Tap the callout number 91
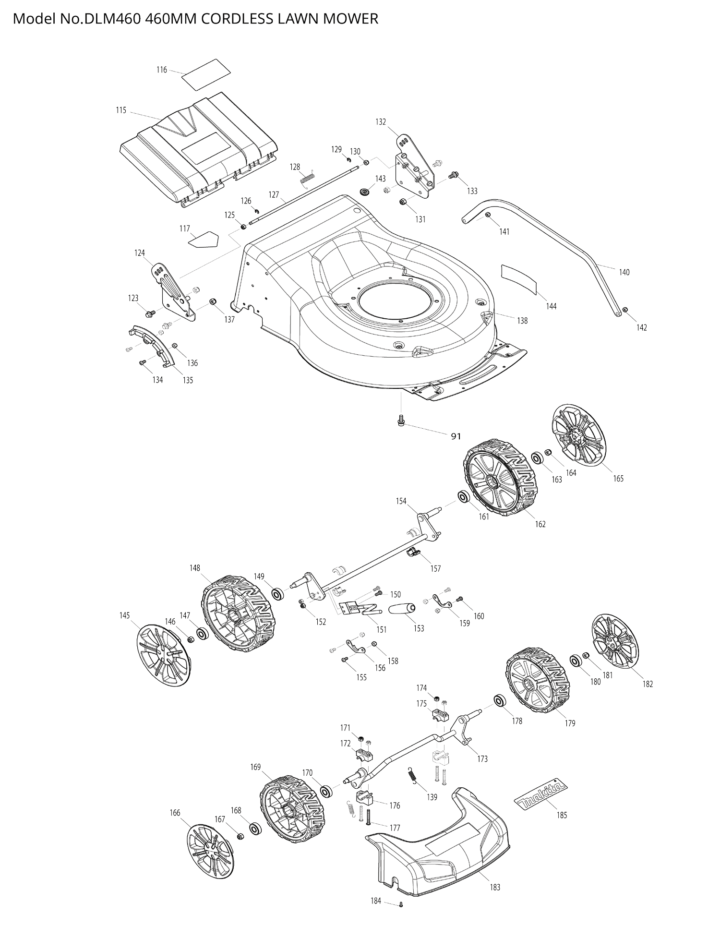pos(456,436)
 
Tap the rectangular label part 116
pos(206,74)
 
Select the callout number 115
pos(121,110)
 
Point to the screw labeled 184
pos(401,905)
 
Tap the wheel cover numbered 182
pos(615,641)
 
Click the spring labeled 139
pos(412,775)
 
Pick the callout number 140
pos(624,272)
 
